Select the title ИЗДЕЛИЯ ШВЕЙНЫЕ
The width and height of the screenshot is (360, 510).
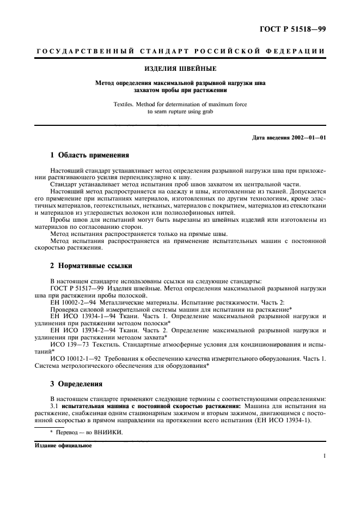(180, 69)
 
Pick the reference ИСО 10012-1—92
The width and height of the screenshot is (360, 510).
(76, 359)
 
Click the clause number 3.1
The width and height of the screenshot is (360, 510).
(54, 405)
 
